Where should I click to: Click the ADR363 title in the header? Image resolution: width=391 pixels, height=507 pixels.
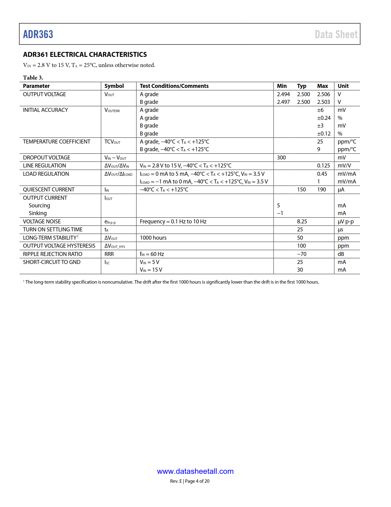[x=38, y=34]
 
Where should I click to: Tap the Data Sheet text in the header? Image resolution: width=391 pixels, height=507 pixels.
[x=336, y=34]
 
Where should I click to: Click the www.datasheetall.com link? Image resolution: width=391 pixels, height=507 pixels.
[x=195, y=471]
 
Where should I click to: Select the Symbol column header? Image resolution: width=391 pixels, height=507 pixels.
[x=114, y=86]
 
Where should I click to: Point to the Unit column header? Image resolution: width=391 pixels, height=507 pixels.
[x=343, y=86]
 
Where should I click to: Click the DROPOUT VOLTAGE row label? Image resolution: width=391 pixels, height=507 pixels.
[x=47, y=158]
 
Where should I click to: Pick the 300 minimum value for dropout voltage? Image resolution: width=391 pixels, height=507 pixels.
[x=281, y=158]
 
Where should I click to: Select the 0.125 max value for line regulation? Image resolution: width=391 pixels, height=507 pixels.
[x=324, y=166]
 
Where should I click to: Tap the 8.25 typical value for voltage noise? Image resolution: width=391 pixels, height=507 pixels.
[x=302, y=222]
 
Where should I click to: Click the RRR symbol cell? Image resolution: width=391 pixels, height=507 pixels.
[x=109, y=254]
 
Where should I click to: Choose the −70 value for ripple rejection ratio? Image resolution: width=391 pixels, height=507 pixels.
[x=301, y=254]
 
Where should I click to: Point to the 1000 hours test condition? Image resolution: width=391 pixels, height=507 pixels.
[x=153, y=238]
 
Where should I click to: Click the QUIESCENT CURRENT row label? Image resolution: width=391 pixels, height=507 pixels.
[x=49, y=190]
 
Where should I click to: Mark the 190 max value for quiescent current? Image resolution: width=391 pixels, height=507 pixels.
[x=321, y=190]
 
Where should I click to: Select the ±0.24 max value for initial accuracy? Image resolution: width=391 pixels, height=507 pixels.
[x=324, y=118]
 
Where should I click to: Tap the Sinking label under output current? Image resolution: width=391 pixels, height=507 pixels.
[x=38, y=213]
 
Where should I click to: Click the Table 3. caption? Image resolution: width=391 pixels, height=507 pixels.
[x=33, y=77]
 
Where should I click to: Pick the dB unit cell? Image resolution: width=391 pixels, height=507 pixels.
[x=341, y=254]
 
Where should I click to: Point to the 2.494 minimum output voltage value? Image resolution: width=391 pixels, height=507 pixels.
[x=283, y=94]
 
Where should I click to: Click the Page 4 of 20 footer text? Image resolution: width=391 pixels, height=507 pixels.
[x=197, y=481]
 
